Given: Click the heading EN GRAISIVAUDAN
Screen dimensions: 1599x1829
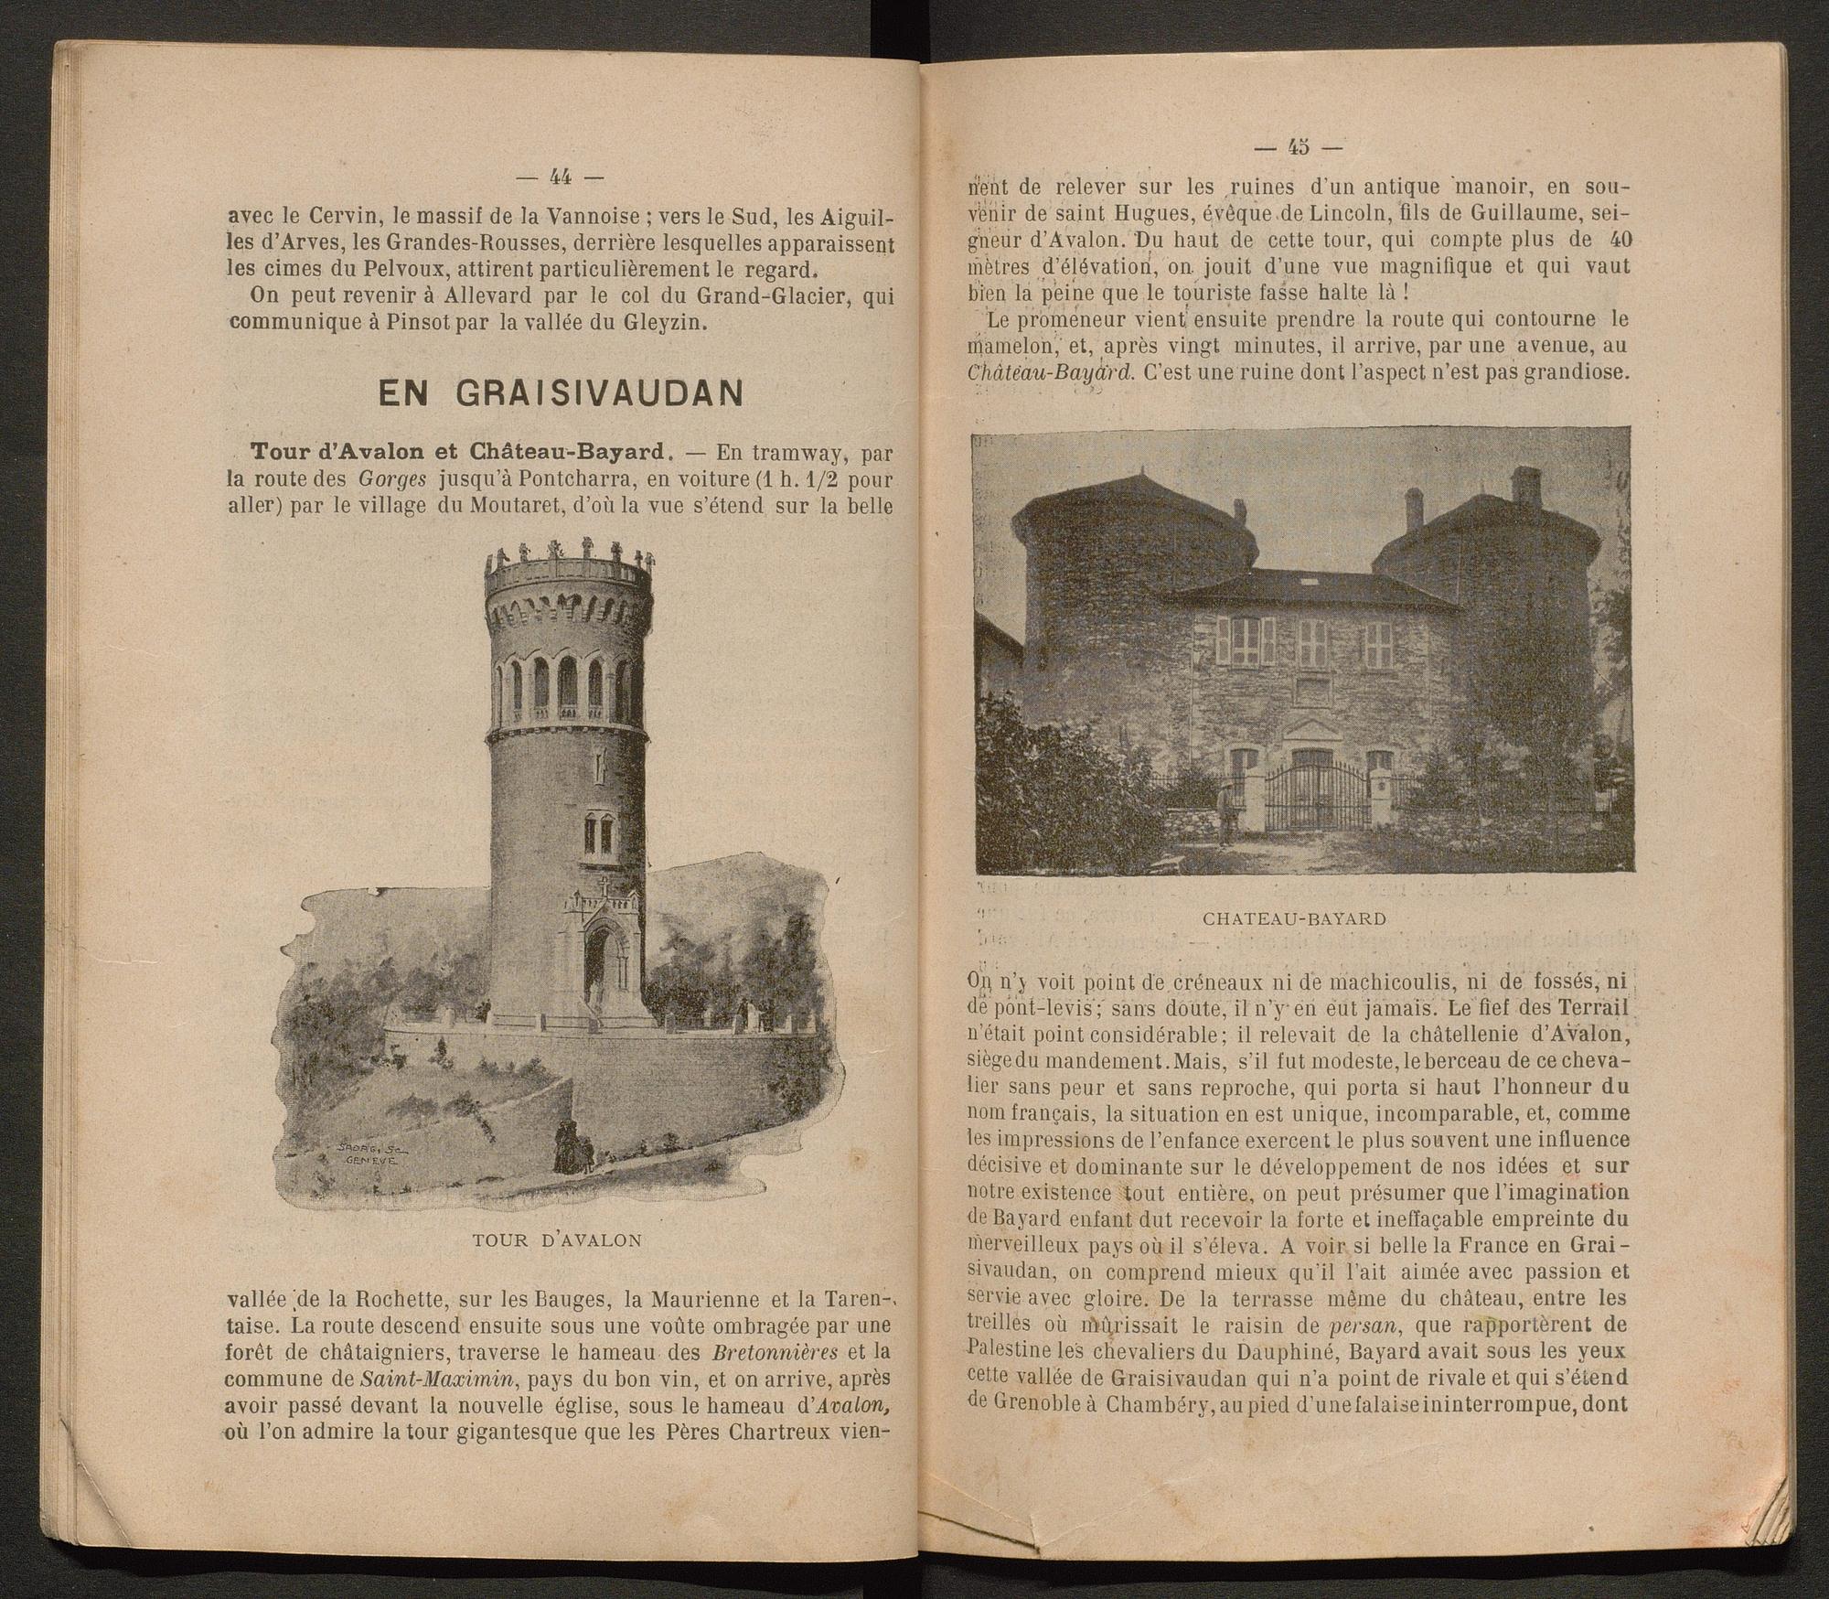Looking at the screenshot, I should pyautogui.click(x=561, y=393).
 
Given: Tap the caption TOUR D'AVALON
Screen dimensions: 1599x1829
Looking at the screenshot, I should pyautogui.click(x=557, y=1240).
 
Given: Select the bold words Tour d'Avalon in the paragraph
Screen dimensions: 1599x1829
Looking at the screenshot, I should pyautogui.click(x=335, y=453).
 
